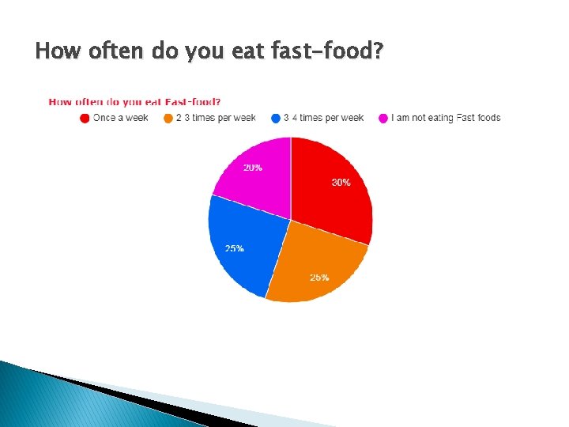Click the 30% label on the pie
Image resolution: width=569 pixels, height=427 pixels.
[341, 183]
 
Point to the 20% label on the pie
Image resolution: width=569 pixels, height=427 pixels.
[253, 168]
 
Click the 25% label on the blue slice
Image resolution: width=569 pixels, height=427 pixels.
[234, 248]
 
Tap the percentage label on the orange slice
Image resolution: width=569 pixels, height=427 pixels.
[319, 278]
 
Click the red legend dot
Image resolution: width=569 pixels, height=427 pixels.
[85, 119]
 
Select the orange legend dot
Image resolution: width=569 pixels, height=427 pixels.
[168, 119]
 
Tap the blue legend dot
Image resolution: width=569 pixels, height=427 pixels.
[276, 119]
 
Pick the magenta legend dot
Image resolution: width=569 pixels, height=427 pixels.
[384, 119]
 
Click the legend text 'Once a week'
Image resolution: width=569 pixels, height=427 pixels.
[120, 118]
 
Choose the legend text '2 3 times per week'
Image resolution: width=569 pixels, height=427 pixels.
[216, 118]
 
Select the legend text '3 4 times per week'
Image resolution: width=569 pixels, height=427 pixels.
[324, 118]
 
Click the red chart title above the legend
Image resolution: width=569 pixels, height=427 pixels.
[134, 101]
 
